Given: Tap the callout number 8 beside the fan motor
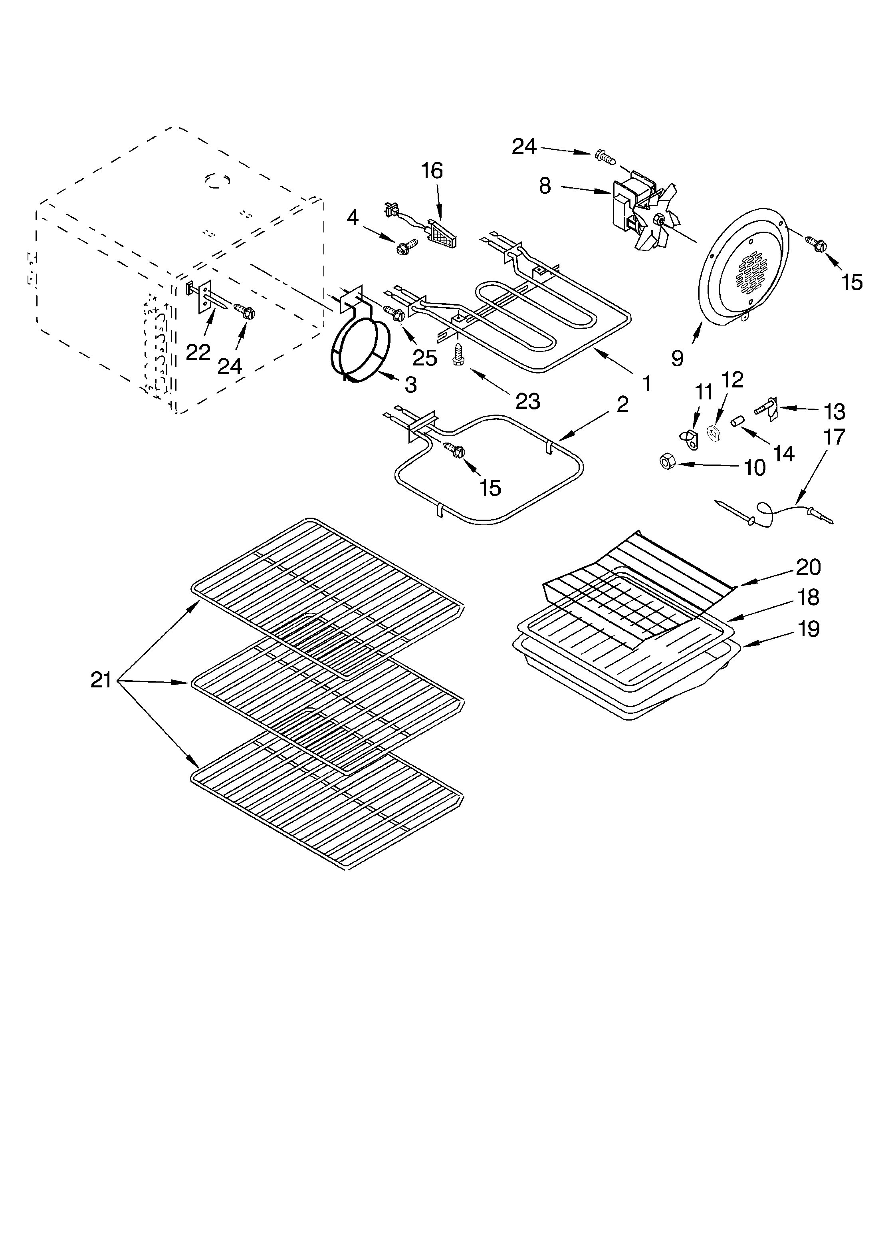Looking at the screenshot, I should point(545,186).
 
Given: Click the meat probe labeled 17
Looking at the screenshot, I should point(774,513).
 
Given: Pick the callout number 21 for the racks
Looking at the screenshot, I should point(101,680).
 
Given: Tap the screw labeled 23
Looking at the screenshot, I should point(458,355).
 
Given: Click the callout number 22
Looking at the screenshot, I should point(198,352).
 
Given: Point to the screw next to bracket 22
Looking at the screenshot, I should point(245,312).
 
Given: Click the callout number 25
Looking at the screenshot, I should point(424,358).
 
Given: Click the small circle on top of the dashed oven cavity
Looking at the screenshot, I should point(218,180).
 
